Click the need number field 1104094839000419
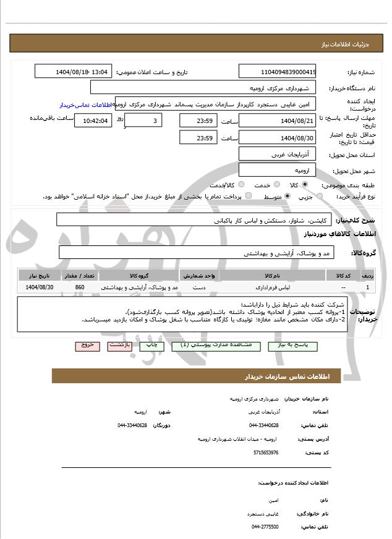pos(278,72)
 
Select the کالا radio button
pos(304,185)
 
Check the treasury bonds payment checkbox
pos(248,197)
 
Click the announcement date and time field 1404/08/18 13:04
pos(74,72)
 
